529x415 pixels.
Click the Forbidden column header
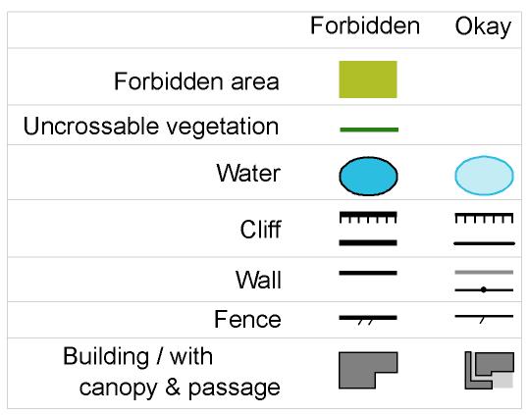(x=365, y=26)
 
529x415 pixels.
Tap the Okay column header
(x=483, y=26)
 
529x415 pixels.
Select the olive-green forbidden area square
(x=368, y=79)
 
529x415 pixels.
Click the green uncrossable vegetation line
(x=369, y=130)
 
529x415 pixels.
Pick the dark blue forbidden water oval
(x=368, y=176)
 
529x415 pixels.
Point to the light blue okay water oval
(x=484, y=176)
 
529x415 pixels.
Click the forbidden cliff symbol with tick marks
(x=368, y=218)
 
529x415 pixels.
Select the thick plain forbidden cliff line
(x=368, y=242)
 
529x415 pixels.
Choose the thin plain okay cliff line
(x=484, y=243)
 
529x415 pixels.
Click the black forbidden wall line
(x=368, y=273)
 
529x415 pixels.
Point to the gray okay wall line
(x=484, y=272)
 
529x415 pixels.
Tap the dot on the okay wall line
(x=484, y=289)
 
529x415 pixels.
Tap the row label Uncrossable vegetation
(x=151, y=128)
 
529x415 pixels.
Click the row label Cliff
(x=260, y=230)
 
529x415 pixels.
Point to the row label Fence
(x=247, y=319)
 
